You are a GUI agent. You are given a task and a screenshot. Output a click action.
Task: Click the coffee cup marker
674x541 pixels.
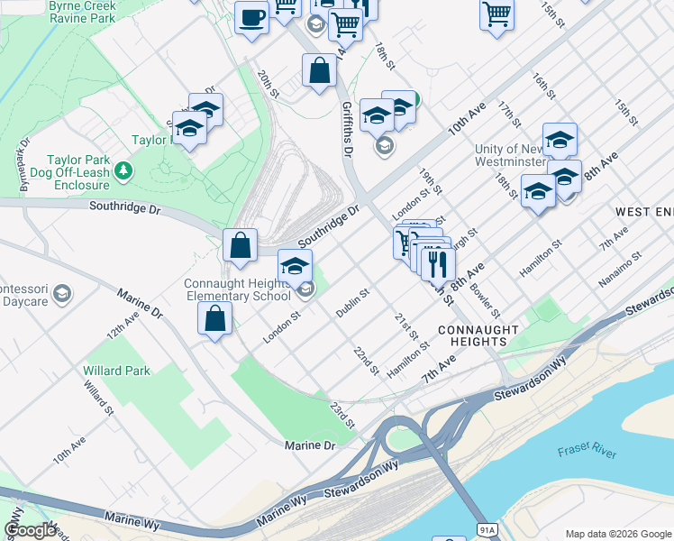[251, 18]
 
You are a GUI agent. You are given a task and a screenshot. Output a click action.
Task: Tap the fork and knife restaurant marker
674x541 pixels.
[438, 264]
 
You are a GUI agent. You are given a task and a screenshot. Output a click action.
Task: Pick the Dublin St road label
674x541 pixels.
[352, 303]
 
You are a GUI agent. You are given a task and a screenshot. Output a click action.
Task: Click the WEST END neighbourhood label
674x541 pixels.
[643, 211]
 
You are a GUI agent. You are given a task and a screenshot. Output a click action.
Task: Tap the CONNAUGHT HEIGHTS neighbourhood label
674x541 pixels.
[478, 336]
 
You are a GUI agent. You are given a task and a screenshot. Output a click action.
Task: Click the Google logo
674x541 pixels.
[30, 530]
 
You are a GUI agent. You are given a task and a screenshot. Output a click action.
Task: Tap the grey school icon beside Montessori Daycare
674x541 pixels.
[61, 293]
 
